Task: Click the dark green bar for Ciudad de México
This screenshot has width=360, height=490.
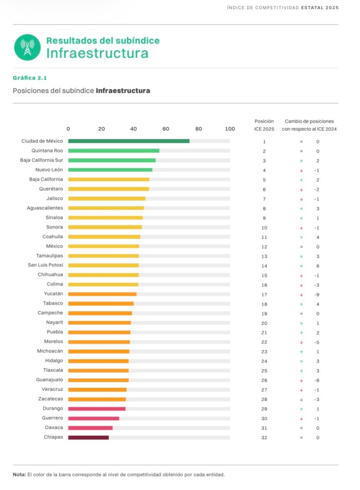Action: (x=128, y=141)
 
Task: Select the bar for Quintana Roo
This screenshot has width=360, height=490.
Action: (x=113, y=150)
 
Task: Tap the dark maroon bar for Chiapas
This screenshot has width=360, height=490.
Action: (x=88, y=437)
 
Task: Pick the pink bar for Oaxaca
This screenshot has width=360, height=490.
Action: (x=90, y=428)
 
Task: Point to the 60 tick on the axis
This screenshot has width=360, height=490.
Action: (x=166, y=129)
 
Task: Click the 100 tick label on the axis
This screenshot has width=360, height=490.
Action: (x=230, y=129)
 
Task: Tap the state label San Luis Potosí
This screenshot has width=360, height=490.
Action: (x=45, y=265)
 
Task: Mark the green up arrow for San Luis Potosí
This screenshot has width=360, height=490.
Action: (x=302, y=266)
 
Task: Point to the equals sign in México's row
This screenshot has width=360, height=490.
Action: (x=302, y=247)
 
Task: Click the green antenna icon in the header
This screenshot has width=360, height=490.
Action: (x=27, y=47)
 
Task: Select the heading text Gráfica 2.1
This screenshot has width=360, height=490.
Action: (x=30, y=78)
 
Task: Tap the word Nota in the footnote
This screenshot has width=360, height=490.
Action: (x=19, y=475)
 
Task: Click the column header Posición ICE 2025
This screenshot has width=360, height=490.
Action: (x=264, y=125)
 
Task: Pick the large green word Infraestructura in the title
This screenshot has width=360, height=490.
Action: (x=97, y=53)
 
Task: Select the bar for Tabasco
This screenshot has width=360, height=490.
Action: (x=101, y=304)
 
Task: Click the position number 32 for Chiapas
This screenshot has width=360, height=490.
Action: (x=264, y=438)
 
